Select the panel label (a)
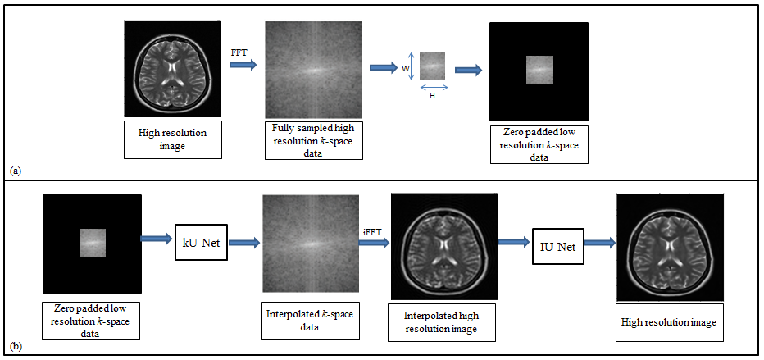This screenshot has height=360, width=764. (x=14, y=170)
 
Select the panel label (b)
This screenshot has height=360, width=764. (x=14, y=347)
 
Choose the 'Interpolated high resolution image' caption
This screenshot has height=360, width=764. (x=443, y=321)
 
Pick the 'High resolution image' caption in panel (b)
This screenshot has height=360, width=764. (x=667, y=322)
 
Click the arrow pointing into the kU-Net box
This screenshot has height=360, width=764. (x=157, y=239)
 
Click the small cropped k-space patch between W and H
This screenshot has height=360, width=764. (x=432, y=65)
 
